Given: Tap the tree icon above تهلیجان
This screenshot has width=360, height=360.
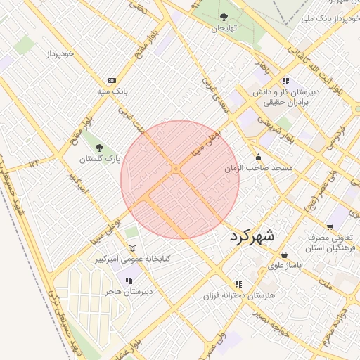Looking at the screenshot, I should (224, 17).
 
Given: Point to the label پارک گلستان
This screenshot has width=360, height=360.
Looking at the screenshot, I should (96, 160).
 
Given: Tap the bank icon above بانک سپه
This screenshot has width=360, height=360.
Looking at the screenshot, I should (112, 81).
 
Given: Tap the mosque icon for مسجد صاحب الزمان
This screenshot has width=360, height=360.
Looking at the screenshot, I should (259, 157).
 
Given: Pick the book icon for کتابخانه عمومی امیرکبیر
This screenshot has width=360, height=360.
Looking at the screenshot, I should (132, 248).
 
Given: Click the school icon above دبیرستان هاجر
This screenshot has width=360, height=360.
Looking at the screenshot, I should (128, 281).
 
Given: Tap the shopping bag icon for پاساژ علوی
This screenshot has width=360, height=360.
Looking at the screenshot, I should (284, 255).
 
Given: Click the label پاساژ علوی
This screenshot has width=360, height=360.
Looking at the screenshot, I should (285, 266).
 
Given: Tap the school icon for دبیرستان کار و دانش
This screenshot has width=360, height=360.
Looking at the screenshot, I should (285, 81).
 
